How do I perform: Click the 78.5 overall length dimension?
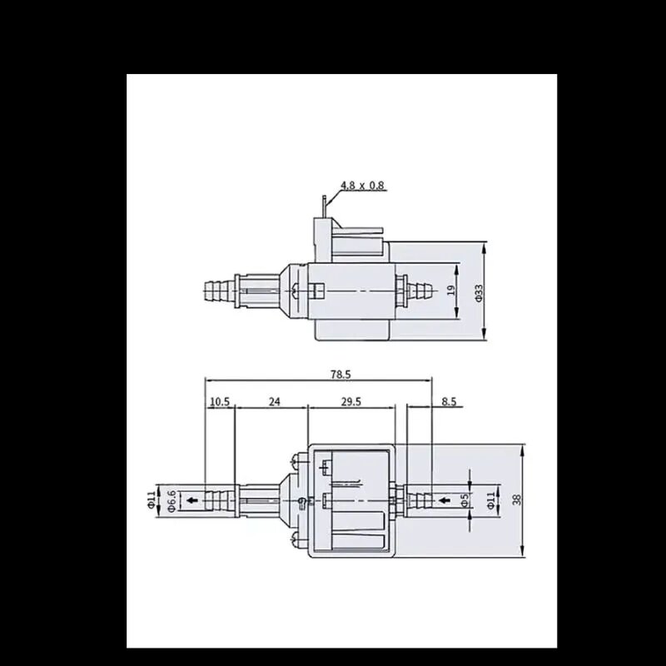click(340, 374)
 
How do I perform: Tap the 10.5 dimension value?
click(220, 401)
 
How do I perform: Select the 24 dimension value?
click(275, 401)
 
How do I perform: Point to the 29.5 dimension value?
click(350, 401)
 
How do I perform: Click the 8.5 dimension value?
click(449, 401)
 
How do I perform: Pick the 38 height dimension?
click(516, 500)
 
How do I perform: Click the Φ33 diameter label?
click(479, 293)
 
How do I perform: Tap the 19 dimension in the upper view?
click(451, 290)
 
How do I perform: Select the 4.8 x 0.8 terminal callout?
click(362, 185)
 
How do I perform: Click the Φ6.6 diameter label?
click(171, 501)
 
